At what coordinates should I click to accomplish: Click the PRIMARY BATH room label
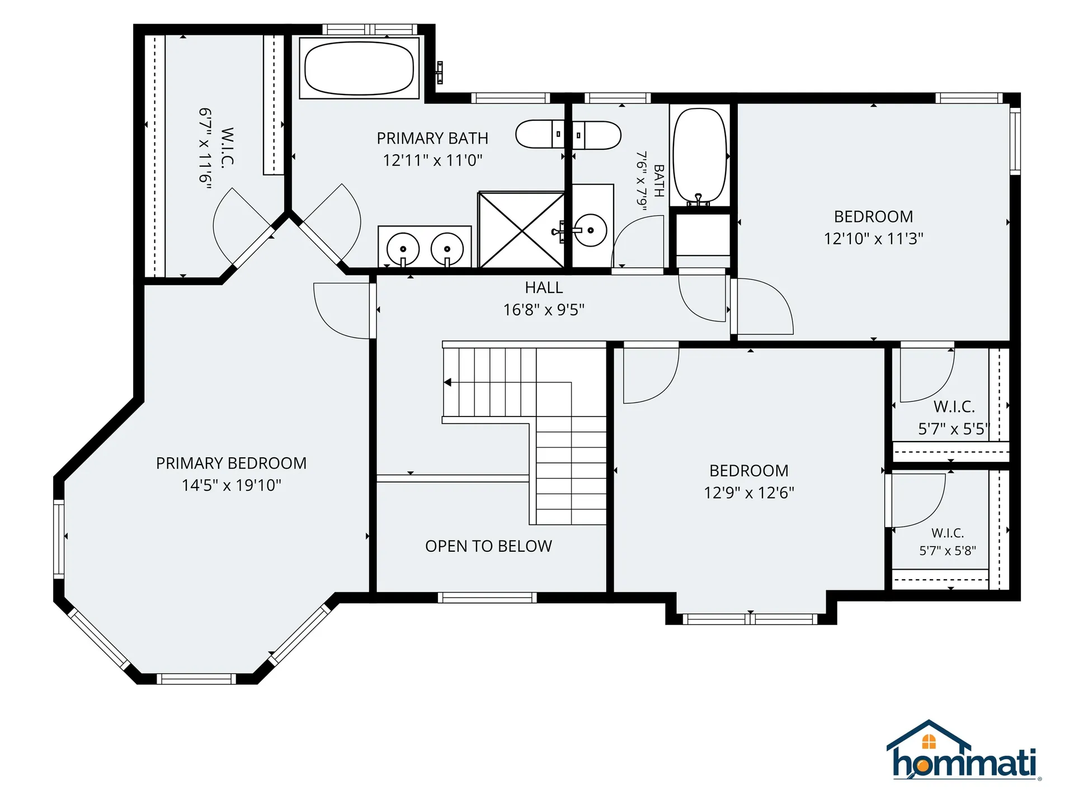pyautogui.click(x=432, y=138)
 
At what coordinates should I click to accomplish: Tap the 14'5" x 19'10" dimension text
pyautogui.click(x=231, y=485)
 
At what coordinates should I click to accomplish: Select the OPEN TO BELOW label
pyautogui.click(x=488, y=546)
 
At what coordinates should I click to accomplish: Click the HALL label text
pyautogui.click(x=544, y=287)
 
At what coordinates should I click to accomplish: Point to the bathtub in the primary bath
pyautogui.click(x=359, y=68)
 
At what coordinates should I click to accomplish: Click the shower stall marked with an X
pyautogui.click(x=521, y=230)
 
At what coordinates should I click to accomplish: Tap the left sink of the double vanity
pyautogui.click(x=403, y=248)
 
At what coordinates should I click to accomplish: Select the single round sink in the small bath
pyautogui.click(x=591, y=230)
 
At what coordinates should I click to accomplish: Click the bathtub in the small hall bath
pyautogui.click(x=700, y=155)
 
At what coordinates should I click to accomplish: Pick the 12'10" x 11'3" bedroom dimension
pyautogui.click(x=873, y=239)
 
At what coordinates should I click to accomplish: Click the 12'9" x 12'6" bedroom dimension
pyautogui.click(x=749, y=493)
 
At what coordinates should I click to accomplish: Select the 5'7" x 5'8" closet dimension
pyautogui.click(x=948, y=551)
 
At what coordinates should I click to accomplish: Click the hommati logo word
pyautogui.click(x=964, y=763)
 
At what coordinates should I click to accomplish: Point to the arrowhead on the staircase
pyautogui.click(x=447, y=382)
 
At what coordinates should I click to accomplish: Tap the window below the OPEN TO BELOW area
pyautogui.click(x=487, y=598)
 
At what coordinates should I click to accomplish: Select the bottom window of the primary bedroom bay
pyautogui.click(x=196, y=679)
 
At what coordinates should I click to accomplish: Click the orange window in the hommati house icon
pyautogui.click(x=929, y=742)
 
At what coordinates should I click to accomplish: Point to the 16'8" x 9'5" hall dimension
pyautogui.click(x=544, y=310)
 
